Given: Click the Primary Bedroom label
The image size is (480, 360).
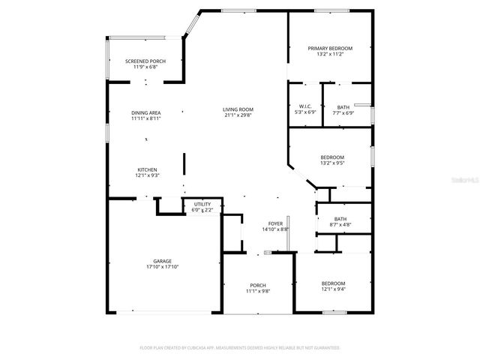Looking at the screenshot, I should [330, 48].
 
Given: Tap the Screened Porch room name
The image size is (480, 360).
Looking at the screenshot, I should [145, 61].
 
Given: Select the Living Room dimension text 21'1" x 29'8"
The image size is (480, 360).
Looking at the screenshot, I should [238, 116].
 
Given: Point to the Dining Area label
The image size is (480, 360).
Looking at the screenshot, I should [146, 112].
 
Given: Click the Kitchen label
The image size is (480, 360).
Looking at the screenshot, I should [146, 169].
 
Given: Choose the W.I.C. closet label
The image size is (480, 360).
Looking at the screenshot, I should [304, 106].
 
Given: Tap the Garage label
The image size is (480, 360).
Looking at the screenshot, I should [163, 261].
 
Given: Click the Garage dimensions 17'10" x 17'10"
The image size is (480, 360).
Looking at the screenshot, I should [163, 267].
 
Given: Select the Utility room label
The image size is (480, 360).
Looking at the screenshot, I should [202, 204].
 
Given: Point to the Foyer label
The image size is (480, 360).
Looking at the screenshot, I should [275, 223].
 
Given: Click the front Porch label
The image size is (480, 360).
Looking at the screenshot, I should [258, 285].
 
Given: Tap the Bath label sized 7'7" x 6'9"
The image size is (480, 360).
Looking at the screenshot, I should [343, 106].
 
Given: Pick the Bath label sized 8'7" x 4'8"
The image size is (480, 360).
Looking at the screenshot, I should [340, 219].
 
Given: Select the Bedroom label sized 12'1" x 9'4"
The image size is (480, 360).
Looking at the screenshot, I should [333, 283].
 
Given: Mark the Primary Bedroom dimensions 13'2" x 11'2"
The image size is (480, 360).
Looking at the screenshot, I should [330, 54].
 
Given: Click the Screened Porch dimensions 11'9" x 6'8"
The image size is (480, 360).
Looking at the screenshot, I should [145, 67].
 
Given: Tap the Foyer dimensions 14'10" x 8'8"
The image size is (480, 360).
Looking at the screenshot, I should [275, 229].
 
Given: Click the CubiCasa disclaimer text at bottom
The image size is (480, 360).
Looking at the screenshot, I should [240, 348].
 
